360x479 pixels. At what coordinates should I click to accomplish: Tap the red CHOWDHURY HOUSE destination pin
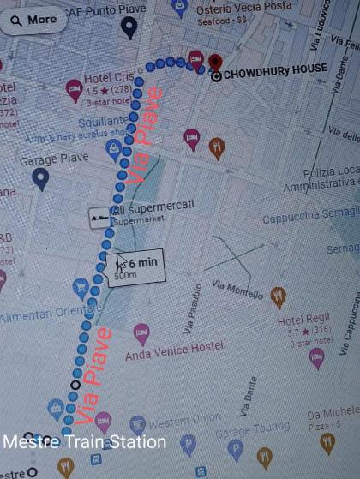[x=214, y=62]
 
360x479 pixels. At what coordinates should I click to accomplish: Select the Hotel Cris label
[x=111, y=77]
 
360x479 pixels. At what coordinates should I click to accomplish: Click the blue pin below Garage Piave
[x=39, y=178]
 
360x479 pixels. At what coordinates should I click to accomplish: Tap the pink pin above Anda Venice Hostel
[x=141, y=331]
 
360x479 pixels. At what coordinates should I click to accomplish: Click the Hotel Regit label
[x=304, y=320]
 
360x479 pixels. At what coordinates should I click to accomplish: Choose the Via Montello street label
[x=237, y=288]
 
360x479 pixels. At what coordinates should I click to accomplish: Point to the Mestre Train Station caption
[x=84, y=442]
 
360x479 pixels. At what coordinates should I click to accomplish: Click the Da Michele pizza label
[x=333, y=414]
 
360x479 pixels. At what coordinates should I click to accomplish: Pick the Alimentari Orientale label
[x=50, y=314]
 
